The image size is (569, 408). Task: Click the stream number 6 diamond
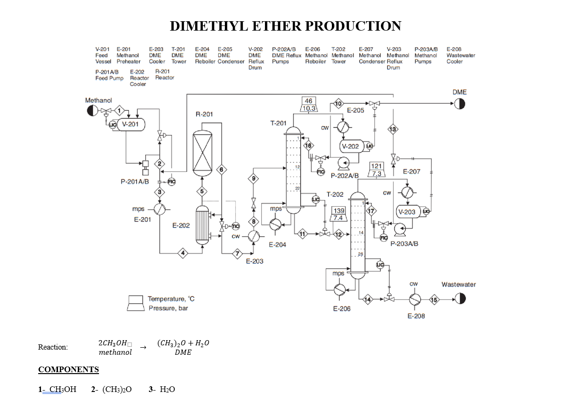(x=221, y=170)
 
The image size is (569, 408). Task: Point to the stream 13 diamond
(x=393, y=129)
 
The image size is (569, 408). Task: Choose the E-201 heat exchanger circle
(x=159, y=210)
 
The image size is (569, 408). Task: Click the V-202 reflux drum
(x=350, y=147)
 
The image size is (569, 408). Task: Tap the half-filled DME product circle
(x=460, y=104)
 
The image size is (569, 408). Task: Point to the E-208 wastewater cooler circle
(x=415, y=299)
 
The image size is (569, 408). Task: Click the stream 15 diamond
(x=434, y=299)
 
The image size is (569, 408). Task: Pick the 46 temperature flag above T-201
(x=308, y=101)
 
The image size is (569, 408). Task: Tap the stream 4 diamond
(x=183, y=253)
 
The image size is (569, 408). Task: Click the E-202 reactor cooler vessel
(x=202, y=226)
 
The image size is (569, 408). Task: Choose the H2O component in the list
(x=167, y=389)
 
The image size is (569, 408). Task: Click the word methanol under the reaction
(x=115, y=352)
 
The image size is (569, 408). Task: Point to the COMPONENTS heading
(x=68, y=369)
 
